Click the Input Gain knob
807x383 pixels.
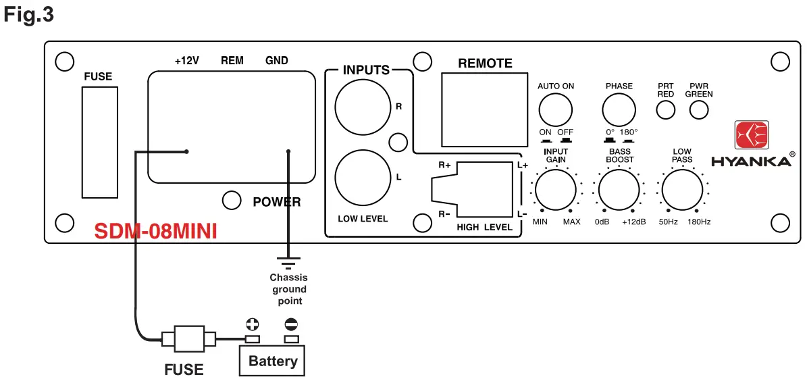(x=556, y=190)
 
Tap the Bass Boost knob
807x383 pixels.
(x=619, y=190)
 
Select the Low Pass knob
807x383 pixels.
(x=681, y=190)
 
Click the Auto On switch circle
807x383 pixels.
(x=556, y=110)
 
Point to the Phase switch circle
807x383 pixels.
(x=619, y=110)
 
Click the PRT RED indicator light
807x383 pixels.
(x=666, y=109)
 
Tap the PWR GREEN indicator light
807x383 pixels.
(x=699, y=109)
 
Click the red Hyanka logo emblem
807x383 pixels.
(x=752, y=136)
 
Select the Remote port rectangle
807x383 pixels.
(x=485, y=109)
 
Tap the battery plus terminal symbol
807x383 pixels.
(x=252, y=324)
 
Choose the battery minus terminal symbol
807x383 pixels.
(x=291, y=324)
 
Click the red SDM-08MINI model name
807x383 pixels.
(x=156, y=232)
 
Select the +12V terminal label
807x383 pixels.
(x=186, y=61)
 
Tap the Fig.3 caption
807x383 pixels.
(x=29, y=15)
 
